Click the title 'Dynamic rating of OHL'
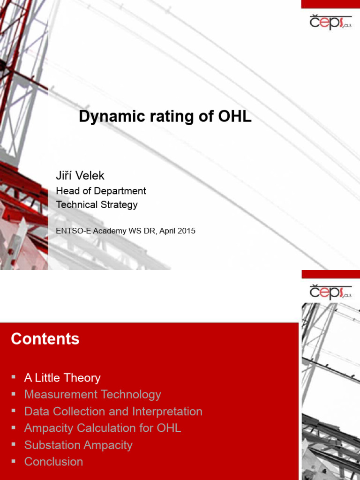tap(165, 117)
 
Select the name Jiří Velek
tap(80, 176)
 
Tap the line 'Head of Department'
tap(101, 191)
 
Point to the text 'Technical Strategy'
tap(97, 205)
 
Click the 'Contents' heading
tap(45, 339)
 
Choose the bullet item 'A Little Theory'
tap(62, 378)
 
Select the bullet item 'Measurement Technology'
tap(92, 395)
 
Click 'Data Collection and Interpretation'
tap(113, 412)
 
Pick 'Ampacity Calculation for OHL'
tap(102, 428)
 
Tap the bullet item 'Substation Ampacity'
tap(78, 445)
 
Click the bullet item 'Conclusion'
tap(53, 462)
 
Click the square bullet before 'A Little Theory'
tap(14, 377)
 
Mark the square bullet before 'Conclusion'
tap(14, 461)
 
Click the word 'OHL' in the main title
tap(235, 117)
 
